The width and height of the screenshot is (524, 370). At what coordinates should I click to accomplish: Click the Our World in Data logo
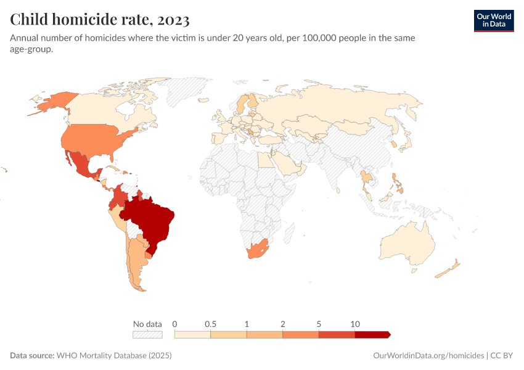[493, 20]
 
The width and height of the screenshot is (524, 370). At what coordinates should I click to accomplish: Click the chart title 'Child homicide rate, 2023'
[99, 20]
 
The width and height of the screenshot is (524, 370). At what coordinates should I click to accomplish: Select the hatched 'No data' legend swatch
[147, 334]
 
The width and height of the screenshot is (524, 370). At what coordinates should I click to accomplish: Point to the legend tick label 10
[355, 324]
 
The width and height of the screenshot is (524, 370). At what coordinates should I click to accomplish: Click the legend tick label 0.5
[211, 324]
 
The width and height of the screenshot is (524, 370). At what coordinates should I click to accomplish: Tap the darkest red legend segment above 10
[372, 334]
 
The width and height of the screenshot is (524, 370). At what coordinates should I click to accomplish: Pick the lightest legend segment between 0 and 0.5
[193, 334]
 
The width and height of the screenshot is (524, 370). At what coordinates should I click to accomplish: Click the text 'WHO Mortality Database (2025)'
[114, 356]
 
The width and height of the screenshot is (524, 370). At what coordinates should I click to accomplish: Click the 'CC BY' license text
[502, 356]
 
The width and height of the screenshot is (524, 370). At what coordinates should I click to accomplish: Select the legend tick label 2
[283, 324]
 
